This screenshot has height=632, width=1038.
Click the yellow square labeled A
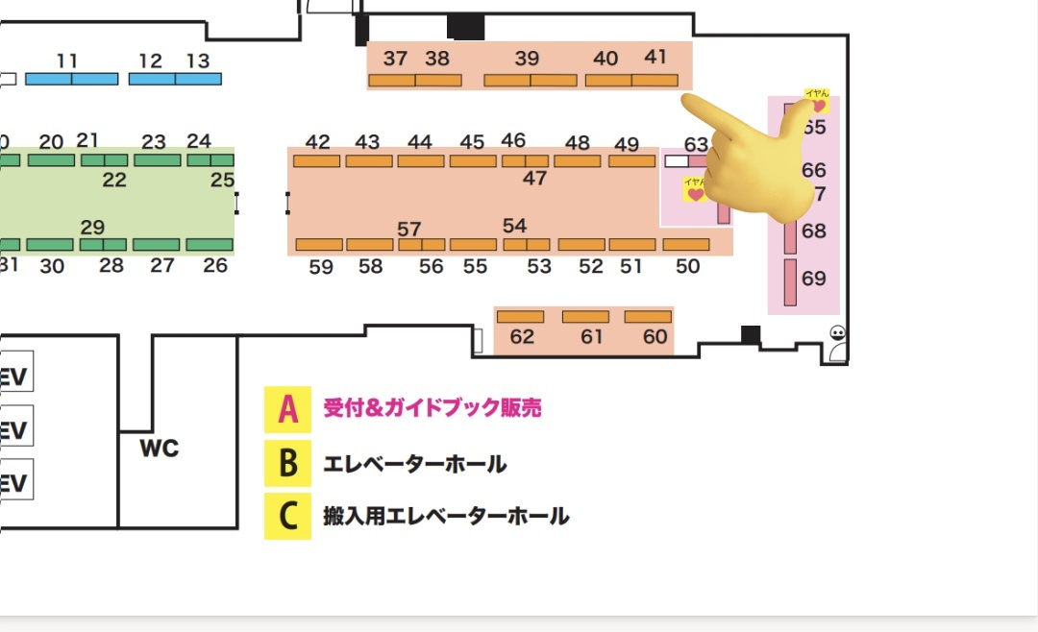pos(287,409)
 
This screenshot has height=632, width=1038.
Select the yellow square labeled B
pos(287,463)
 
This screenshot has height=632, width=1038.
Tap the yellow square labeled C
pos(287,516)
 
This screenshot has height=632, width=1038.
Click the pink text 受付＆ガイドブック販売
pos(432,408)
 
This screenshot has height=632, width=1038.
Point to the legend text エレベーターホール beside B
pos(415,465)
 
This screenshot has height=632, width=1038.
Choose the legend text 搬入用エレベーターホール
pos(446,517)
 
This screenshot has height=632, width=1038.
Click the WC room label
pos(160,449)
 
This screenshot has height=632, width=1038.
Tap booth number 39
pos(527,59)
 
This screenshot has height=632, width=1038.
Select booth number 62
pos(522,337)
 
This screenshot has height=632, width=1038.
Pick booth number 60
pos(655,337)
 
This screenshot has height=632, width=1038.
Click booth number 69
pos(813,279)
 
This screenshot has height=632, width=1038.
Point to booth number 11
pos(67,61)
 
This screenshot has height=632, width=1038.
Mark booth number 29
pos(92,228)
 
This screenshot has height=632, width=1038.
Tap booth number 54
pos(515,226)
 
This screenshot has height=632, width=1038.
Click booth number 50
pos(688,267)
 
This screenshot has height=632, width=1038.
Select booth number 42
pos(317,142)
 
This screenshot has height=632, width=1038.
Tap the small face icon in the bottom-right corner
pos(838,333)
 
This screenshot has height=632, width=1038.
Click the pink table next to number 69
pos(790,281)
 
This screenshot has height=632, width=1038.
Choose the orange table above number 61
pos(585,316)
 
